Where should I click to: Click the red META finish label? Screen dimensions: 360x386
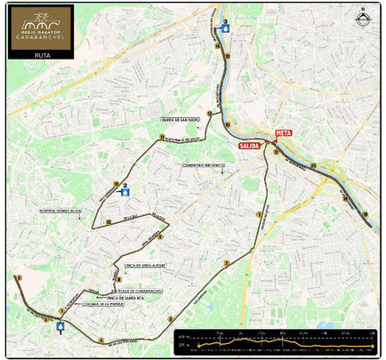284,132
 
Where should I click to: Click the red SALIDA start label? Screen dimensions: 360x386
250,144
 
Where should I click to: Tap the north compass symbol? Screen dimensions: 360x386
362,15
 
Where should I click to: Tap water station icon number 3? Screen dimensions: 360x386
226,27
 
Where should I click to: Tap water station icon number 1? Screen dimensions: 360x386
60,326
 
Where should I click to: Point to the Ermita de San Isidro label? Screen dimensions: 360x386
179,118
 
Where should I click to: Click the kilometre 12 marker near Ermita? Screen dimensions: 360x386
210,113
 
